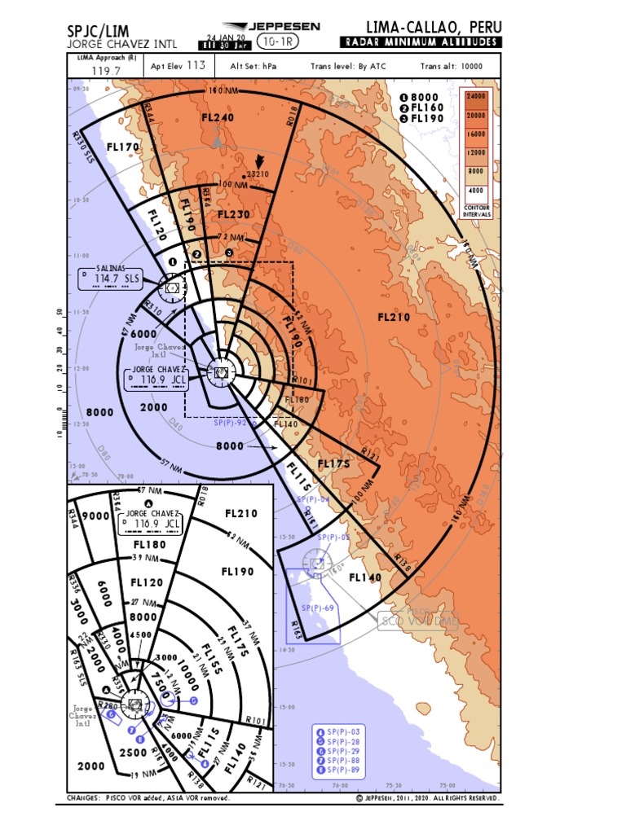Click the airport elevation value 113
coord(196,66)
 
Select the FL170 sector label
coord(123,147)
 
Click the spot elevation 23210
coord(258,173)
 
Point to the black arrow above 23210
coord(260,161)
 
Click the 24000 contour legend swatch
coord(476,96)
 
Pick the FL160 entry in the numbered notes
coord(427,107)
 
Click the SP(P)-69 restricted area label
coord(317,608)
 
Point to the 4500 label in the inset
coord(140,635)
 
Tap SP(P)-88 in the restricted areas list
coord(342,761)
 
